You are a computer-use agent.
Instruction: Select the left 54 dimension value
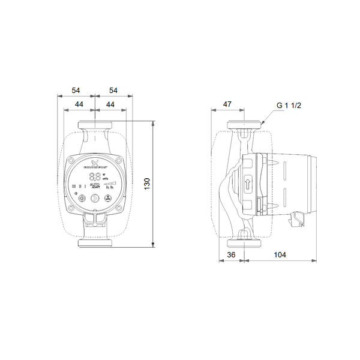point(76,90)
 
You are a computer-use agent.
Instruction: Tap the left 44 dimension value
point(79,104)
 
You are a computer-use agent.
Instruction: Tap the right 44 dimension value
point(110,104)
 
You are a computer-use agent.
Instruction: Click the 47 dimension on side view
point(227,104)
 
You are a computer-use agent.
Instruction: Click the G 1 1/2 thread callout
point(288,104)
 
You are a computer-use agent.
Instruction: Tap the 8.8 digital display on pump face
point(95,177)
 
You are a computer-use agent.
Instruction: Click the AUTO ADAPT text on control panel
point(95,187)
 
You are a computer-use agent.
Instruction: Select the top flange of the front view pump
point(95,125)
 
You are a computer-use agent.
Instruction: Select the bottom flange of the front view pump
point(95,244)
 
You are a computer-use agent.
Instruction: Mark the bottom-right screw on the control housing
point(120,207)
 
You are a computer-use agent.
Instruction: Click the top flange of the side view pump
point(244,125)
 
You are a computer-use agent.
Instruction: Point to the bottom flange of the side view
point(244,244)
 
